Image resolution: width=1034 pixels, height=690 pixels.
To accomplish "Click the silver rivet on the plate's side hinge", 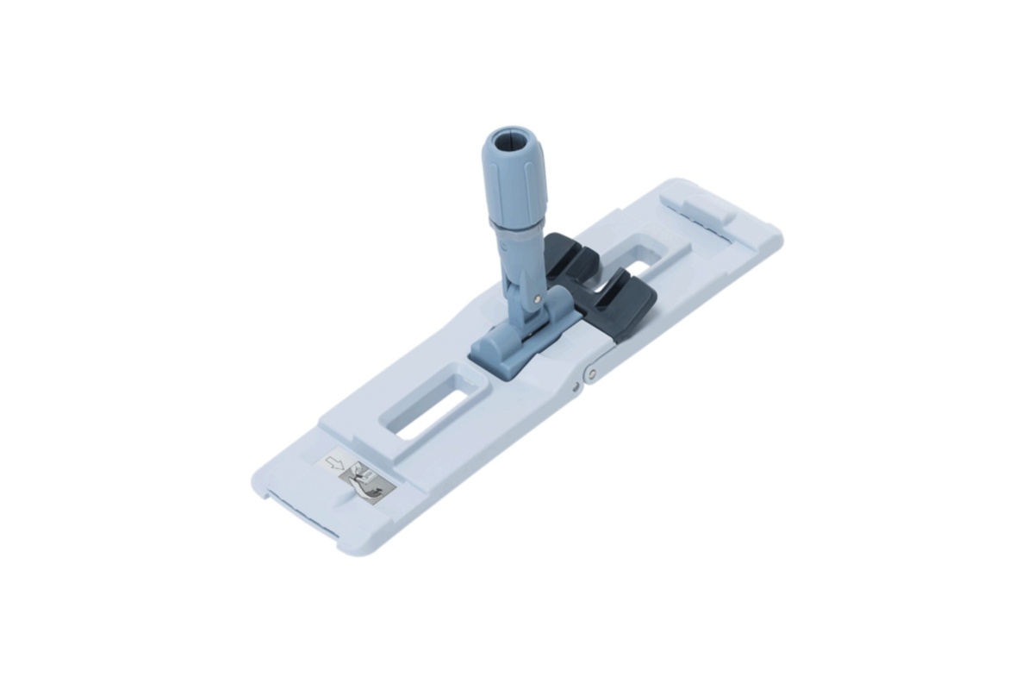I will (x=591, y=373).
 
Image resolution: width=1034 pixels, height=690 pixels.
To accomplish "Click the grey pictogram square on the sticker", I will (x=372, y=480).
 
